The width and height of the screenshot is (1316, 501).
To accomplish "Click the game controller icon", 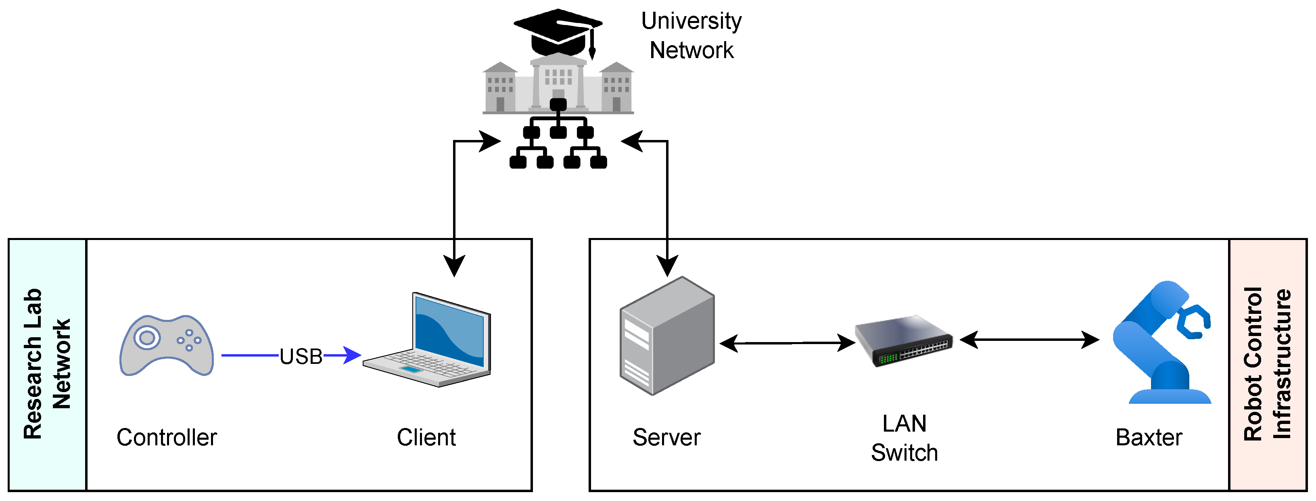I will [167, 345].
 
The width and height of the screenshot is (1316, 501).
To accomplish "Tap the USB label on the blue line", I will [301, 356].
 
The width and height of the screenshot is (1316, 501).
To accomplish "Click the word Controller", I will [167, 437].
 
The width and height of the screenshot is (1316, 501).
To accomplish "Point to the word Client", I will [426, 437].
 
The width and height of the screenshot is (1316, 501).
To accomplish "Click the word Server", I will [666, 437].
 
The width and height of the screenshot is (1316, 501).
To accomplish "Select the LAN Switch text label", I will [904, 438].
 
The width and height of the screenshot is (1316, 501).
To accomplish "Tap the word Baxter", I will [1149, 437].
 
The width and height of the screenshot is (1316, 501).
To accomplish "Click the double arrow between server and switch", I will [787, 343].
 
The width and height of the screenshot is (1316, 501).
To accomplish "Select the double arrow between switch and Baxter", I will [1030, 339].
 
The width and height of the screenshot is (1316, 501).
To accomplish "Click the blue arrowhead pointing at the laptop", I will [353, 355].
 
